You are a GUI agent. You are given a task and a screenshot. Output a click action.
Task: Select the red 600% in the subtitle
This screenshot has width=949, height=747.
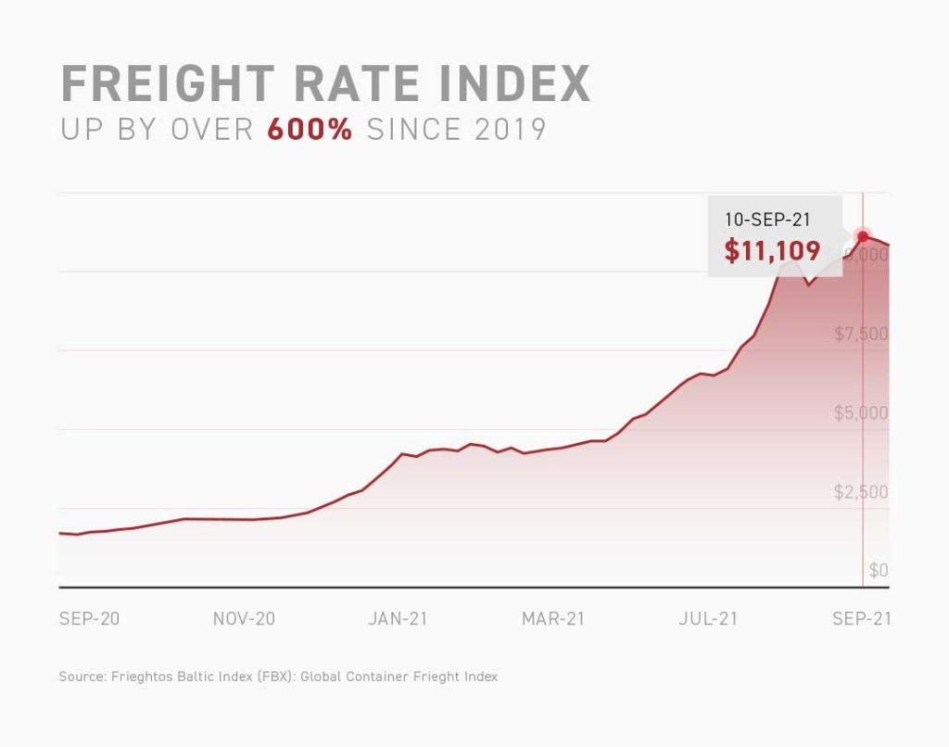(310, 129)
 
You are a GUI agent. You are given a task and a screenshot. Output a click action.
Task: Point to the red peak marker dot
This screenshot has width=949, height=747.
(863, 235)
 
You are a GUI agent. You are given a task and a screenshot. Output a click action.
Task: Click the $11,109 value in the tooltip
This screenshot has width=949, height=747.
(772, 250)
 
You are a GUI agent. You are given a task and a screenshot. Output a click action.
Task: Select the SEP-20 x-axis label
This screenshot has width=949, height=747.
(89, 619)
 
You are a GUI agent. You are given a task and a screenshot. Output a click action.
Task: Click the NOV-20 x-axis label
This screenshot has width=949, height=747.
(244, 619)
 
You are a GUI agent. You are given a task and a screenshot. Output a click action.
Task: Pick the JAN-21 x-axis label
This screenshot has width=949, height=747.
(398, 619)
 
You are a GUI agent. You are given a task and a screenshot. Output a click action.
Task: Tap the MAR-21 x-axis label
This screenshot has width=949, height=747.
(553, 619)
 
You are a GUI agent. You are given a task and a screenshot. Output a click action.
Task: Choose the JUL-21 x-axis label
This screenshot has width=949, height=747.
(708, 619)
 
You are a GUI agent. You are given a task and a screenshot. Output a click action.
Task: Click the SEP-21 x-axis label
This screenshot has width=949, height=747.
(862, 619)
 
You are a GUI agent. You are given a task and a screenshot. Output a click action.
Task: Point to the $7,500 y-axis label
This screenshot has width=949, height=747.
(861, 334)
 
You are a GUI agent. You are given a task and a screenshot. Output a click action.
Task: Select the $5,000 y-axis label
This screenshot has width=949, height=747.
(861, 412)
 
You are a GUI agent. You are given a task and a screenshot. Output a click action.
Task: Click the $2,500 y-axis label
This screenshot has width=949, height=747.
(861, 491)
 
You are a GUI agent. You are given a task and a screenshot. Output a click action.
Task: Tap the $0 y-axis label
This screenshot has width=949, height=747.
(878, 570)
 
